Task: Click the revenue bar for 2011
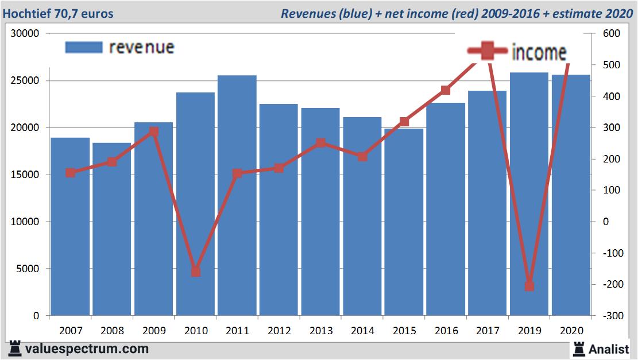coord(237,195)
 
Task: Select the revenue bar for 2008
coord(112,230)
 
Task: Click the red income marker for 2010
coord(196,271)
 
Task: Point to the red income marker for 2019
coord(529,286)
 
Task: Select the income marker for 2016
coord(446,90)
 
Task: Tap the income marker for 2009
coord(154,131)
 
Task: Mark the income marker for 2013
coord(320,143)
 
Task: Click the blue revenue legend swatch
coord(84,47)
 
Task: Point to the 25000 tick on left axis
coord(25,80)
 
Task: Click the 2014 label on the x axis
coord(362,331)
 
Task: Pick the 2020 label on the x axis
coord(571,331)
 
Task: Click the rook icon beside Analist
coord(579,349)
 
